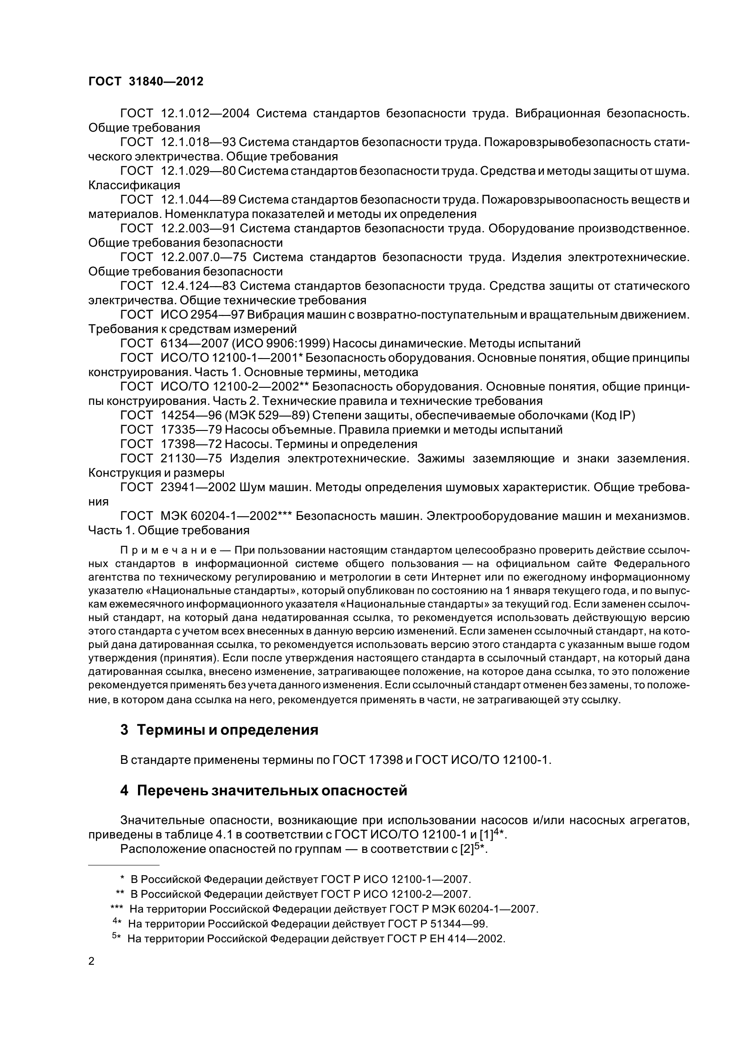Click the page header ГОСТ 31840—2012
(x=146, y=81)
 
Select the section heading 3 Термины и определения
(x=219, y=729)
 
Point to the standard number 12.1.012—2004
(x=205, y=114)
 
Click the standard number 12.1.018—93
(x=198, y=142)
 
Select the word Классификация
(x=134, y=186)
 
